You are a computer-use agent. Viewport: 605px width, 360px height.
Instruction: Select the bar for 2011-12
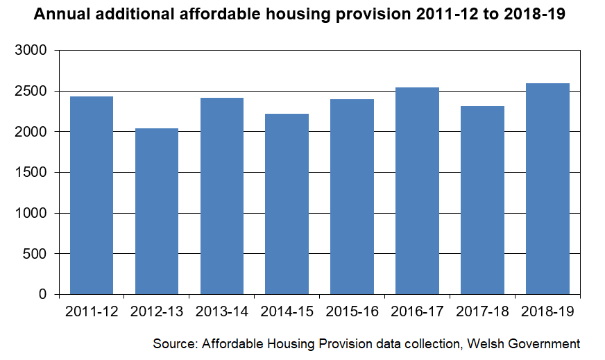[92, 195]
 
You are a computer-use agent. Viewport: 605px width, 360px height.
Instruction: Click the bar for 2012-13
[157, 211]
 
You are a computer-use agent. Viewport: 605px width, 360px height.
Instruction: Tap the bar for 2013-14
[222, 196]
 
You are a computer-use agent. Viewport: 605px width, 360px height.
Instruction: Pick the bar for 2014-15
[287, 204]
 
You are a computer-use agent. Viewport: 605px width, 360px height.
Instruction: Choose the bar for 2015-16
[352, 196]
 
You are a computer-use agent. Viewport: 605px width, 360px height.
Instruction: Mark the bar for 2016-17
[417, 191]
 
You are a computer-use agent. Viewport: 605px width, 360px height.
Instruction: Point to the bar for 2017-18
[482, 200]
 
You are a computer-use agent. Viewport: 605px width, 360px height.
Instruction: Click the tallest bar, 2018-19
[547, 189]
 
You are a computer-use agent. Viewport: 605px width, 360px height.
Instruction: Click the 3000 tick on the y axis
[31, 51]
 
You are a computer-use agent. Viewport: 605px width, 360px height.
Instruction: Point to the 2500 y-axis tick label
[31, 92]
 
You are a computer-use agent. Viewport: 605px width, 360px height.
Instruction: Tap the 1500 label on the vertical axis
[31, 173]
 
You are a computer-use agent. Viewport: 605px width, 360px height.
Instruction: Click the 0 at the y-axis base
[42, 295]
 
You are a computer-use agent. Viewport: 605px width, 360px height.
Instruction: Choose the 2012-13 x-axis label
[157, 312]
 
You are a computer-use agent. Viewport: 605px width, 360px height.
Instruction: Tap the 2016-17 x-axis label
[417, 312]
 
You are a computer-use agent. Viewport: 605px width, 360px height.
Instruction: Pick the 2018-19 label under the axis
[547, 312]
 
